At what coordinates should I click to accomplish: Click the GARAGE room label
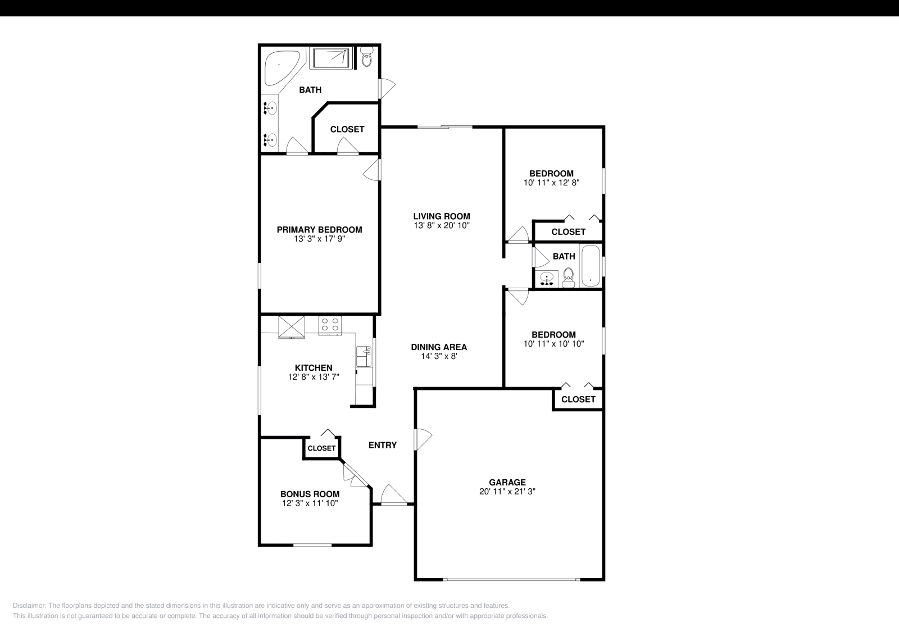(x=507, y=482)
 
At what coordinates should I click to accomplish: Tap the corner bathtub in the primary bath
(x=281, y=66)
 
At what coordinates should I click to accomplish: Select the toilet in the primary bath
(x=367, y=57)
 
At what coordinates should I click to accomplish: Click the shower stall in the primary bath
(x=331, y=57)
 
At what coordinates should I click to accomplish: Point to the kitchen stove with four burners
(x=330, y=325)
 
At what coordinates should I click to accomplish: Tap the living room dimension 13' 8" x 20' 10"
(x=441, y=225)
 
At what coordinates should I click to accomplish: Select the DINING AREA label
(x=439, y=347)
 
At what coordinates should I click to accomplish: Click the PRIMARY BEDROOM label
(x=319, y=229)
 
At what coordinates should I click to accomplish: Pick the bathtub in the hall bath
(x=590, y=266)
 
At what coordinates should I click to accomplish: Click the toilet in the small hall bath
(x=568, y=276)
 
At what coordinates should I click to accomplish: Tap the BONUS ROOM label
(x=310, y=494)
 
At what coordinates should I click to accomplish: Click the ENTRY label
(x=382, y=445)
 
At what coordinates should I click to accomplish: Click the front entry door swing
(x=393, y=496)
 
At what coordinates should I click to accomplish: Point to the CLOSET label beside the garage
(x=578, y=399)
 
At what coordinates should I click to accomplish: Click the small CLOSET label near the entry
(x=321, y=448)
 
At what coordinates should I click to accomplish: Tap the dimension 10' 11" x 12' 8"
(x=551, y=183)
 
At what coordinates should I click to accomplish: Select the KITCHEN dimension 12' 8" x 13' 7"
(x=314, y=377)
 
